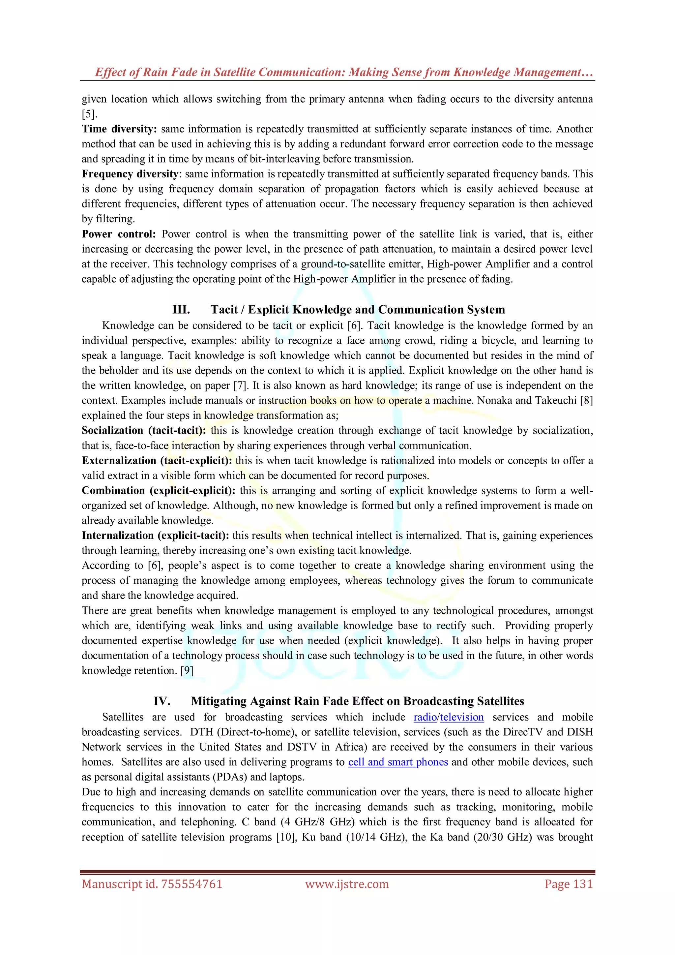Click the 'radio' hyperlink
tap(425, 717)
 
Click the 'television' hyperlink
tap(462, 717)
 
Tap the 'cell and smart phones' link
tap(398, 762)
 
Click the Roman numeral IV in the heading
tap(162, 701)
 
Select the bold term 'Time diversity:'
tap(119, 129)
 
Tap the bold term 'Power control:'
tap(118, 234)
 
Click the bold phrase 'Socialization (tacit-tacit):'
tap(144, 430)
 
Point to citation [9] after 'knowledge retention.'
tap(187, 670)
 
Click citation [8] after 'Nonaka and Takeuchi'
tap(586, 401)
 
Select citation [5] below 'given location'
tap(89, 114)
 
